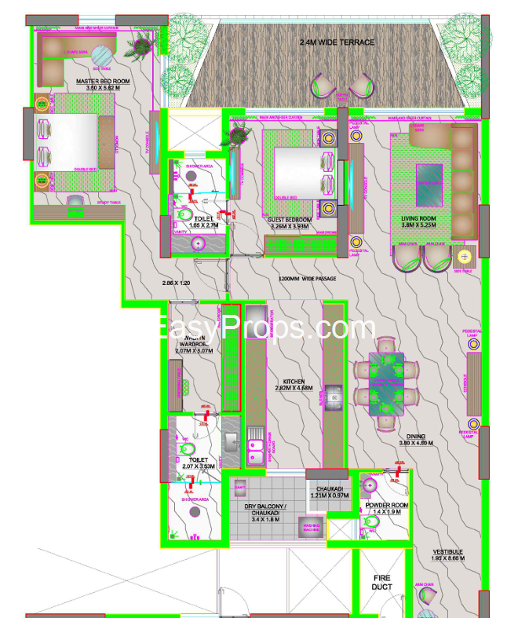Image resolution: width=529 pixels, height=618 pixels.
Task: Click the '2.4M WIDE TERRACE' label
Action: (x=337, y=42)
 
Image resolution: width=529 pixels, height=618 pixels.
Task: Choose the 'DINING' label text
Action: (x=415, y=437)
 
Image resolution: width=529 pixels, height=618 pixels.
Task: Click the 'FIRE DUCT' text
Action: (x=381, y=582)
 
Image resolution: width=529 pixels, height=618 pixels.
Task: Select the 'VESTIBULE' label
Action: (x=447, y=552)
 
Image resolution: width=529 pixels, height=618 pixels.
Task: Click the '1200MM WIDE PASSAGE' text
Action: (x=307, y=279)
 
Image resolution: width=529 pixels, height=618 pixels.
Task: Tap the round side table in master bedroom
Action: (x=103, y=55)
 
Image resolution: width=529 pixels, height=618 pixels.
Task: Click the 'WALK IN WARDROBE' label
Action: (x=192, y=340)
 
